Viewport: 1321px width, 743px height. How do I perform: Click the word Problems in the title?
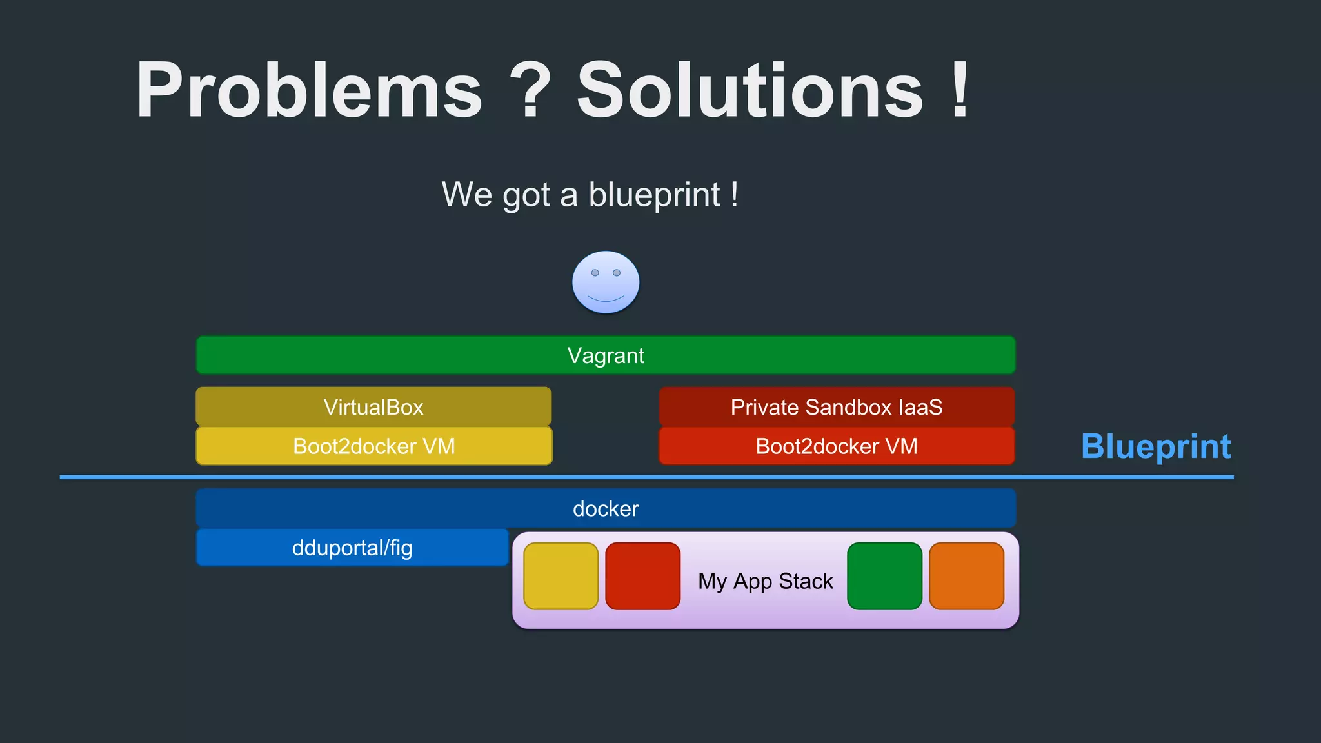point(308,90)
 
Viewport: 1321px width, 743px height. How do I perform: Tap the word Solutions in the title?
point(750,90)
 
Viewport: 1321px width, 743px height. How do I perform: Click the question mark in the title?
point(530,90)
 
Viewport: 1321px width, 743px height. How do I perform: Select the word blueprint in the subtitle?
point(654,195)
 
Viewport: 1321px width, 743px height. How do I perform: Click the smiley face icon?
point(606,282)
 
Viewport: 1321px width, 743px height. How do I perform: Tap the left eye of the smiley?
point(595,273)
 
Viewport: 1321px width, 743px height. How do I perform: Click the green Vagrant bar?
point(606,355)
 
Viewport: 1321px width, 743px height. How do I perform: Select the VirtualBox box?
point(373,407)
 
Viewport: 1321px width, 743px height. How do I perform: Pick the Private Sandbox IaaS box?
point(837,407)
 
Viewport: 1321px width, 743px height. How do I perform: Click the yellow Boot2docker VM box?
point(373,446)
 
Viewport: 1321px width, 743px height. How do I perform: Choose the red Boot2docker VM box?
point(837,446)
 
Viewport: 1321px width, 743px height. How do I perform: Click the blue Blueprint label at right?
point(1156,446)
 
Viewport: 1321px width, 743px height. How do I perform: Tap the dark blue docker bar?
point(606,509)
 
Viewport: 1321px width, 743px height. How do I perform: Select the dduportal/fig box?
point(352,548)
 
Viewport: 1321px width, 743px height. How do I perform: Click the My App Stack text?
point(765,581)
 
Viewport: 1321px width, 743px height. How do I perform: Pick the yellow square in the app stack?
point(561,576)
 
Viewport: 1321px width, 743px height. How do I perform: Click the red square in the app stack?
point(642,576)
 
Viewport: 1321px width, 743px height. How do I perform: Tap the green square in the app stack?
point(884,576)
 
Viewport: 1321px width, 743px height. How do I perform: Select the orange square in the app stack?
point(966,576)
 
